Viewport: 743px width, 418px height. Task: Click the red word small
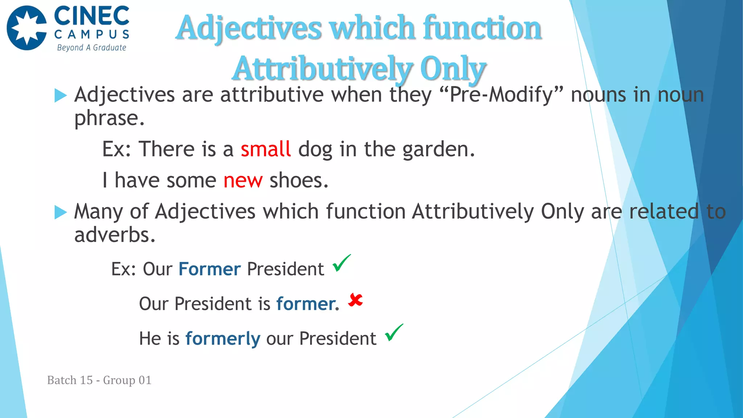click(x=266, y=149)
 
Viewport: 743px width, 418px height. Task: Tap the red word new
click(x=243, y=180)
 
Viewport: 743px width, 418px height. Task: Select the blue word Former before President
click(x=209, y=269)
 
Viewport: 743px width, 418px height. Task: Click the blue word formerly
click(x=223, y=339)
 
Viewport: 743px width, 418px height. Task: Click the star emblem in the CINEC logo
click(x=27, y=28)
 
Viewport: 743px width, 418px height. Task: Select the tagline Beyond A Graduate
click(x=91, y=48)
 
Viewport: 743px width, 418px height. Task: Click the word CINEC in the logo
click(x=91, y=16)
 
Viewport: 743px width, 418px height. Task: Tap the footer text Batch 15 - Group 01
click(x=99, y=380)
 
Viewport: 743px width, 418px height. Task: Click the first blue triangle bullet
click(x=60, y=96)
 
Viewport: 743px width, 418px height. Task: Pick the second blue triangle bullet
click(x=60, y=212)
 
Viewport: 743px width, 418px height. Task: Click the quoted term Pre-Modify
click(x=501, y=95)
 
